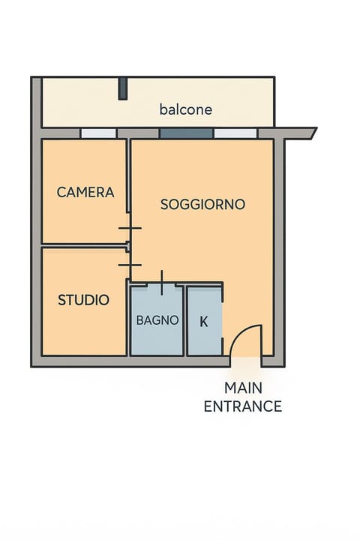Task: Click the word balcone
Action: (185, 109)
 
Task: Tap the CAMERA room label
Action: (85, 192)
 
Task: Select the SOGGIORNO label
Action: (202, 204)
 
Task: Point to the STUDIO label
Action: (83, 300)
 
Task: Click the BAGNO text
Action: (157, 319)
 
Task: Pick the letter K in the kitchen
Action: (203, 322)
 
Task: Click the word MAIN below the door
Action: (243, 388)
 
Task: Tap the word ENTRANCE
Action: (243, 406)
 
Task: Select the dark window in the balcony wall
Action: (186, 133)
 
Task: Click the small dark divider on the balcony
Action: (122, 88)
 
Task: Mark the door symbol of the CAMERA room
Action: (129, 228)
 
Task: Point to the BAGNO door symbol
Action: (161, 283)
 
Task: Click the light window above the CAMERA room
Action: (98, 133)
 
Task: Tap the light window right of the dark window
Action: (235, 133)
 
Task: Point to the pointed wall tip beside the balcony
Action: (312, 133)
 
